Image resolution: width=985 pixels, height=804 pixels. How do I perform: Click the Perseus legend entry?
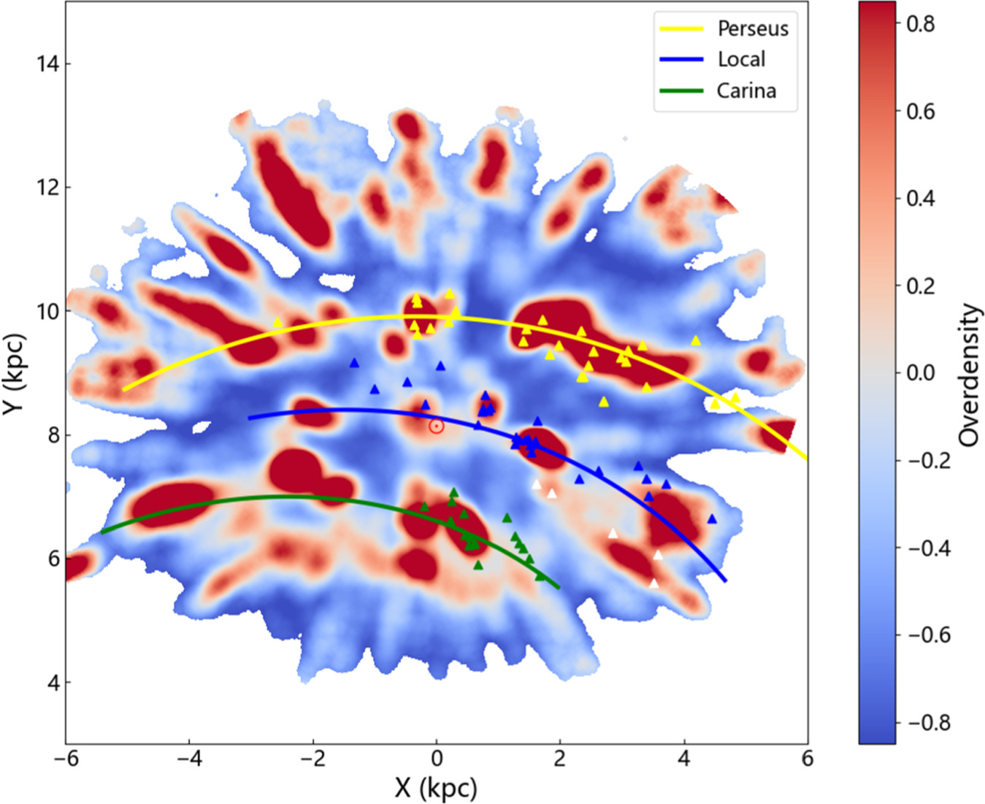[753, 28]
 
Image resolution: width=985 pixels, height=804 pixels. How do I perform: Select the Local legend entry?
[741, 59]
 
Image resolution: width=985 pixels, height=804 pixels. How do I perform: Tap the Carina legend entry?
[746, 91]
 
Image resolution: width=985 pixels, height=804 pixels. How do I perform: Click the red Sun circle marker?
[436, 426]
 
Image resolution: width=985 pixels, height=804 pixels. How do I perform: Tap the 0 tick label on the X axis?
[437, 759]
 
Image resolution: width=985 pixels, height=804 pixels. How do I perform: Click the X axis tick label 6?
[807, 759]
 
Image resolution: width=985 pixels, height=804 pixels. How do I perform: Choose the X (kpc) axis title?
[436, 788]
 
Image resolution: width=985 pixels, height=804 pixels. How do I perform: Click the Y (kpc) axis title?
[15, 374]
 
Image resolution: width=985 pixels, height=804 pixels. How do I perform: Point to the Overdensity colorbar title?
[969, 374]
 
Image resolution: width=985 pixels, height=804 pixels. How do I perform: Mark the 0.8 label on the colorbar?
[920, 24]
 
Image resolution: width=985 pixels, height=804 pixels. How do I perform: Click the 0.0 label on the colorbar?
[920, 373]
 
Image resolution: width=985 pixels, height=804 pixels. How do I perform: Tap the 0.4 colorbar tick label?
[920, 199]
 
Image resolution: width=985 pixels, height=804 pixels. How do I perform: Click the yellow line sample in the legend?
[681, 28]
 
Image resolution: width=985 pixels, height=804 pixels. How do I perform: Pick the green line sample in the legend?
[681, 91]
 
